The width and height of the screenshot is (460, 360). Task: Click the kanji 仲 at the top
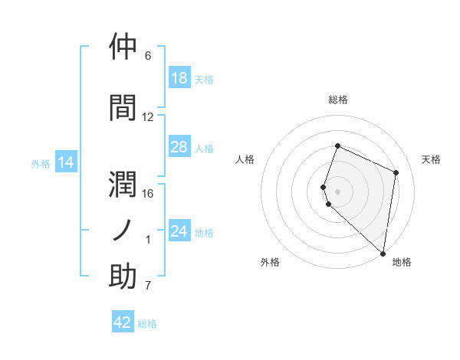point(123,47)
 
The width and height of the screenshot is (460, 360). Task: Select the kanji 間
point(123,108)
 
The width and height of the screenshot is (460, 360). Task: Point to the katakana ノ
point(123,231)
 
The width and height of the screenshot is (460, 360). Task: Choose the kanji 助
point(123,277)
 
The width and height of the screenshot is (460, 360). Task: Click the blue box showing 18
point(179,78)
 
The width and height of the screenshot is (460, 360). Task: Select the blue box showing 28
point(179,147)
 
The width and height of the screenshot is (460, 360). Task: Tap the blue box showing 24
point(179,231)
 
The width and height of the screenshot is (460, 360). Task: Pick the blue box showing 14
point(66,162)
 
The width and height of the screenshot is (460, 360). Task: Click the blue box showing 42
point(123,322)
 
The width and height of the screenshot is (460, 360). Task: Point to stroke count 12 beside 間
point(148,117)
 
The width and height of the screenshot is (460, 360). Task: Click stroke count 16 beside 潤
point(148,193)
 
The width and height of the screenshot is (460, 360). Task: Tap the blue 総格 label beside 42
point(147,324)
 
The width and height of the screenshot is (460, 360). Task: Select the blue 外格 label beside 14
point(41,163)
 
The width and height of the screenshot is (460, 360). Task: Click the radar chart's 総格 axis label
point(338,100)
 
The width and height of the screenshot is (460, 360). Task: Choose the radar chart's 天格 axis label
point(432,159)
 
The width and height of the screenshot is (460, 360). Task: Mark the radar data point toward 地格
point(383,254)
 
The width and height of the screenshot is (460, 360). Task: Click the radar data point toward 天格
point(396,172)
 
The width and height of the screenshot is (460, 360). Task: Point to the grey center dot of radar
point(338,191)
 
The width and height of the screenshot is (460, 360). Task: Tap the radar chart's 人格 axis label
point(245,159)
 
